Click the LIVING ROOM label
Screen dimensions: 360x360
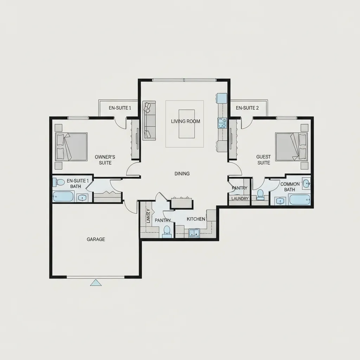click(x=185, y=121)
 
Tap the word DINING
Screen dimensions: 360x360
click(x=182, y=174)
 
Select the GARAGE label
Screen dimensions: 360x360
click(x=96, y=239)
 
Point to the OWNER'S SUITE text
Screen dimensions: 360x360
click(x=105, y=160)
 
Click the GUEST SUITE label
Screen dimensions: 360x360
click(x=263, y=160)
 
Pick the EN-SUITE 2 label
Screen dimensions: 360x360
click(x=247, y=108)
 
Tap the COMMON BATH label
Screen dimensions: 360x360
click(x=290, y=187)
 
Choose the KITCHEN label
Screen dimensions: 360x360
click(x=196, y=219)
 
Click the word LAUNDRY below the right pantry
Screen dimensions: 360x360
click(x=240, y=199)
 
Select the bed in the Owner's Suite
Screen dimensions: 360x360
click(x=72, y=147)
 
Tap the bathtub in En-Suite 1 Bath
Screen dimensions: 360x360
click(x=63, y=197)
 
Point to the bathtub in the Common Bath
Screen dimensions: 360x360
click(x=299, y=200)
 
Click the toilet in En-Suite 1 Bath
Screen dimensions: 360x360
click(x=60, y=182)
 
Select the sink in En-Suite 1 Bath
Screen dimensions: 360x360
click(x=82, y=198)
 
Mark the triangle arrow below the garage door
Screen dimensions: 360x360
click(x=96, y=282)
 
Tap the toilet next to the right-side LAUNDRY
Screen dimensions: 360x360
click(x=260, y=194)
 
